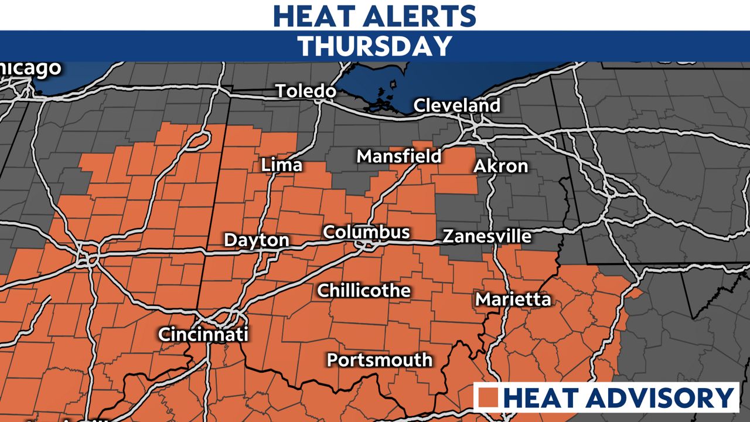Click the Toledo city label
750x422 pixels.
(306, 91)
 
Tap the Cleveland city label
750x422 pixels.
(457, 105)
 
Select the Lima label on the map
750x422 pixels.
(282, 165)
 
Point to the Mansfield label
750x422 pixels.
(399, 156)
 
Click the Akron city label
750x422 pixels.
(500, 166)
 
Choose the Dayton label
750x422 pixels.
(257, 240)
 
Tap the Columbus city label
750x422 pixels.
(366, 232)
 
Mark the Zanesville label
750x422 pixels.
(487, 236)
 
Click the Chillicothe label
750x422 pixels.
(364, 290)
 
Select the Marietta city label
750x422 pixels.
(513, 300)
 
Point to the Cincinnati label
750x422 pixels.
(203, 335)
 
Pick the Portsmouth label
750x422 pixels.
(380, 359)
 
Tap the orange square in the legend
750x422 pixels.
(488, 398)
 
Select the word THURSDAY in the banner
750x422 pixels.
(375, 46)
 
